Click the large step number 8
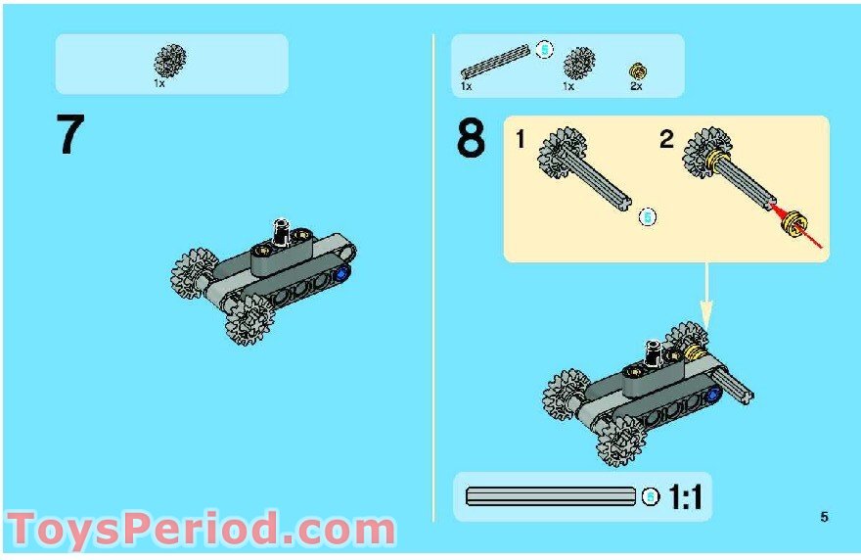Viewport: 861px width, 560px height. pyautogui.click(x=470, y=138)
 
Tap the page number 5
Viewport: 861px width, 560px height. pyautogui.click(x=824, y=517)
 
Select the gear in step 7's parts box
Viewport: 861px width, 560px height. pyautogui.click(x=170, y=61)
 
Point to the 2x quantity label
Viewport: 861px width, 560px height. pyautogui.click(x=636, y=87)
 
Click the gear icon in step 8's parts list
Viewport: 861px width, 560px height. pyautogui.click(x=579, y=64)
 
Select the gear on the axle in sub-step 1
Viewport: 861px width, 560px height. pyautogui.click(x=561, y=155)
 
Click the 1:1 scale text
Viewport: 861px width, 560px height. pyautogui.click(x=685, y=498)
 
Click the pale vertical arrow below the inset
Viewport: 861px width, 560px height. pyautogui.click(x=706, y=294)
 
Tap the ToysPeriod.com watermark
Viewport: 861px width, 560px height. pyautogui.click(x=201, y=530)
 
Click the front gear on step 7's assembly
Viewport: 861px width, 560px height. pyautogui.click(x=249, y=319)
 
